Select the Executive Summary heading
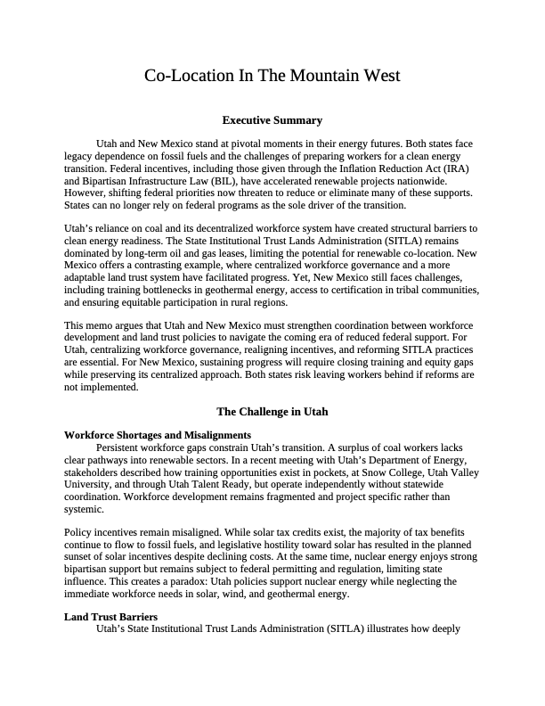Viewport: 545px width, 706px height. [272, 120]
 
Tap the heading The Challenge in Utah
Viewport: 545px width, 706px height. [272, 412]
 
